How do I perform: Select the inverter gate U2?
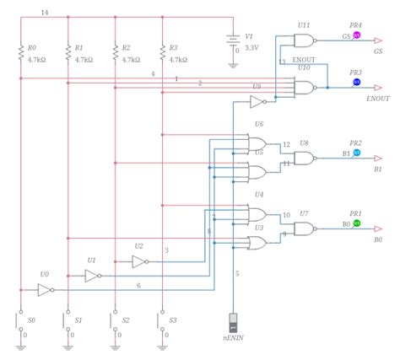pos(139,261)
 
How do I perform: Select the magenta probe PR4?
pos(356,36)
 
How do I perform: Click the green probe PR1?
pos(356,223)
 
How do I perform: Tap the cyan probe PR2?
pos(356,153)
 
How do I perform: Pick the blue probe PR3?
pos(356,83)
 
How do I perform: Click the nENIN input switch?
pos(235,324)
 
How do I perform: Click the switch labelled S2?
pos(114,321)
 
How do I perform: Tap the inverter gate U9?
pos(257,101)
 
